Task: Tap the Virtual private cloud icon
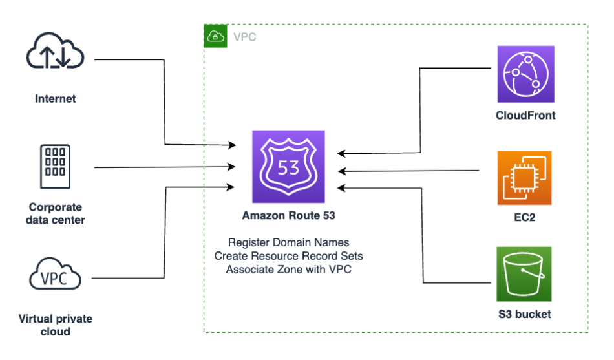point(56,276)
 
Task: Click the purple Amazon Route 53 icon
point(288,167)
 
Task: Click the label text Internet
point(56,99)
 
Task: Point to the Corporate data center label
point(56,213)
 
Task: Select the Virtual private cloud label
point(56,325)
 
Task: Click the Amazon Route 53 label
point(288,215)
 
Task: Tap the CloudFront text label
point(525,116)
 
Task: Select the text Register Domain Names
point(288,243)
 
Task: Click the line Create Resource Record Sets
point(288,256)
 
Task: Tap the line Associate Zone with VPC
point(288,269)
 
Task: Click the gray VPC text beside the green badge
point(244,37)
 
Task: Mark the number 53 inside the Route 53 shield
point(288,168)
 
